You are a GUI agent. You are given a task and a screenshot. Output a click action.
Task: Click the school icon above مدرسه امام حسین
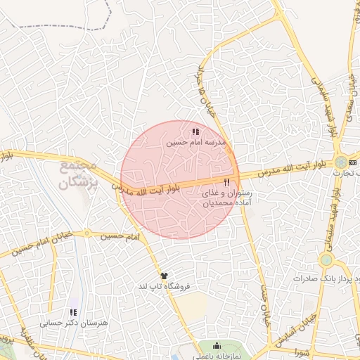(195, 131)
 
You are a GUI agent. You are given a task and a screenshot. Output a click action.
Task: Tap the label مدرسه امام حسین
(197, 142)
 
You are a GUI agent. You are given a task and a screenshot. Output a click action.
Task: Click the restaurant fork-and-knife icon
(226, 182)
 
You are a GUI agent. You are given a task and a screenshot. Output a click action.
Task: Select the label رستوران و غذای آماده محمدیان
(226, 198)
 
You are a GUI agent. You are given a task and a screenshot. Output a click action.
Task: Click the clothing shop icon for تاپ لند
(165, 276)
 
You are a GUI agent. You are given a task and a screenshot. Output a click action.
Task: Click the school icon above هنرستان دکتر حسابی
(72, 312)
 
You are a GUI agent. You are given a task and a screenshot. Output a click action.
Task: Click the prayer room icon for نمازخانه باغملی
(216, 346)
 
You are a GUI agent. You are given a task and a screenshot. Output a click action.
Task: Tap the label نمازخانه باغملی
(216, 356)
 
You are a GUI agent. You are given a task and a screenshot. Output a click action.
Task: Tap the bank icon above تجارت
(353, 162)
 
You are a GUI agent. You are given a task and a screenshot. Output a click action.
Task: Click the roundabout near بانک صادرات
(326, 260)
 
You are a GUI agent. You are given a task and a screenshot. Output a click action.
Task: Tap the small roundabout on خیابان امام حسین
(86, 233)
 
